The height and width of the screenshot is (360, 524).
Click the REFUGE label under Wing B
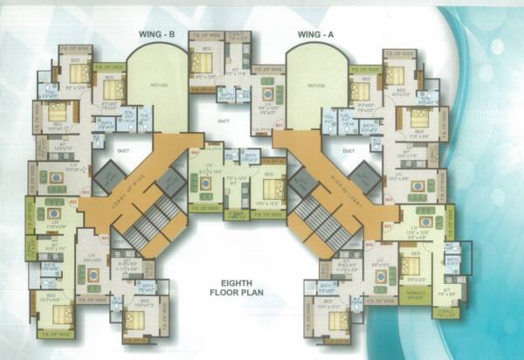158,85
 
